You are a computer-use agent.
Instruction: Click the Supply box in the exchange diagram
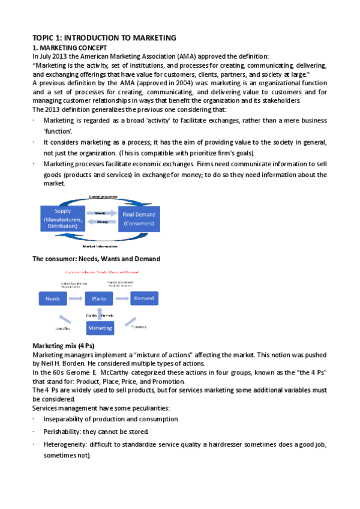coord(62,219)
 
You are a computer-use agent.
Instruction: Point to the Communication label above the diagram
coord(103,197)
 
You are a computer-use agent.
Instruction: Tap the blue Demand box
coord(143,298)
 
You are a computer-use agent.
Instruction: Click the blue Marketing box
coord(100,328)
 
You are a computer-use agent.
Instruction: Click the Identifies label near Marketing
coord(63,329)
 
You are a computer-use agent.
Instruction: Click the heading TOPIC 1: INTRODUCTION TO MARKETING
coord(104,37)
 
